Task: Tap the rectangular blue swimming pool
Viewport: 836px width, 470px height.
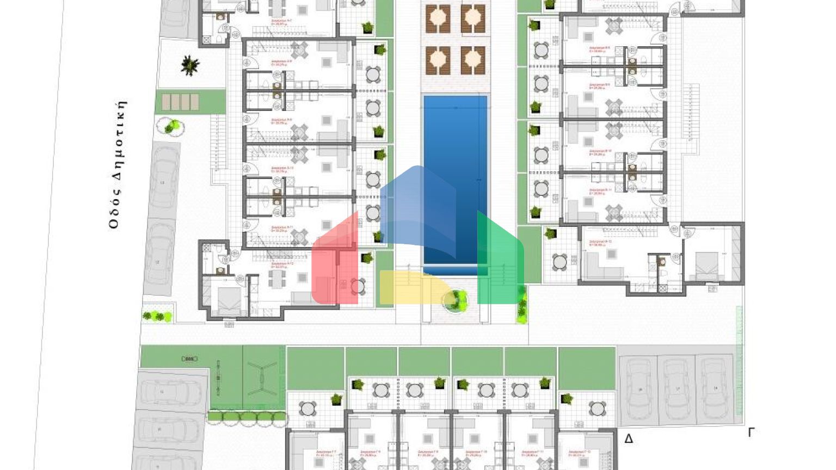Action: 455,180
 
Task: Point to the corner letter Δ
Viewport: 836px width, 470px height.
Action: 629,438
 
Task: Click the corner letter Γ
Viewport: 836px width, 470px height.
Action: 751,432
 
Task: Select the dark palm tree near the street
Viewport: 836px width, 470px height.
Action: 189,65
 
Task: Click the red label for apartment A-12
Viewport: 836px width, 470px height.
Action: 282,265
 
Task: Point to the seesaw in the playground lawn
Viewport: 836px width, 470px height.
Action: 218,376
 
